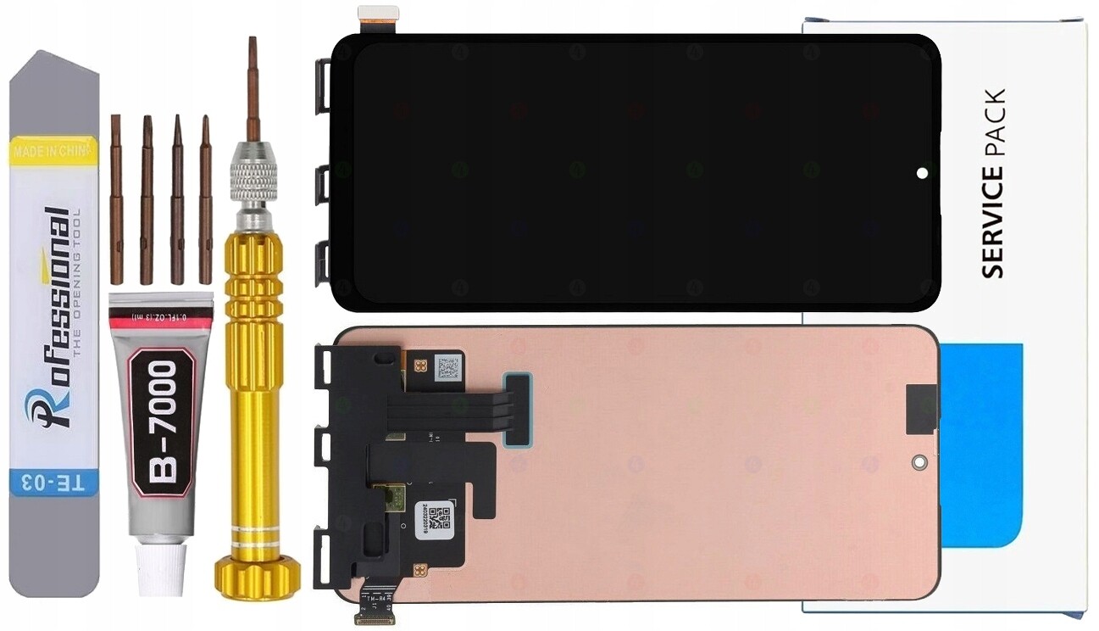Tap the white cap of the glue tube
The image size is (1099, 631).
(161, 569)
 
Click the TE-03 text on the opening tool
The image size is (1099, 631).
(54, 483)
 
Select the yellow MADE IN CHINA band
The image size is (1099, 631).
(53, 151)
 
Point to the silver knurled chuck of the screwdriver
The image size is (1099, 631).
(253, 178)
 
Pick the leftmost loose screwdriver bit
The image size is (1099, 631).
(116, 198)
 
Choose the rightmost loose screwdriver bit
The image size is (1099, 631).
(205, 198)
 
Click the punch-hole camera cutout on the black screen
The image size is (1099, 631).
(922, 173)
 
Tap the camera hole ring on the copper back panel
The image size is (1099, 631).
(919, 463)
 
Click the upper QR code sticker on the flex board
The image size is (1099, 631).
(447, 368)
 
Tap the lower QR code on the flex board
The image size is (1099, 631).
(436, 517)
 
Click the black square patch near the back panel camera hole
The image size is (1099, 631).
(920, 408)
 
